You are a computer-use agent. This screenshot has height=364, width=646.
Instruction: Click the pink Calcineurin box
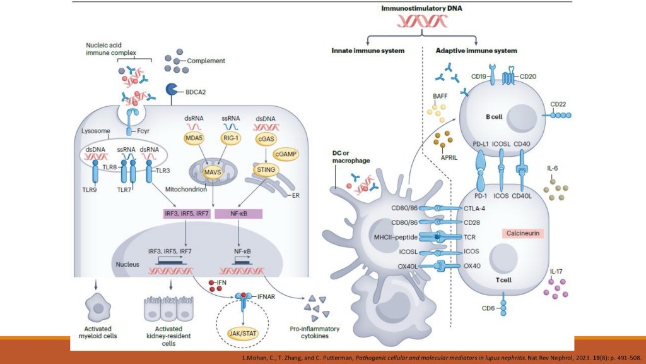click(523, 233)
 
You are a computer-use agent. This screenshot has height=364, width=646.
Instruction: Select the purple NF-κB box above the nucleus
click(239, 215)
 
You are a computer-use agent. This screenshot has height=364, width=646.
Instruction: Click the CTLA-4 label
click(474, 208)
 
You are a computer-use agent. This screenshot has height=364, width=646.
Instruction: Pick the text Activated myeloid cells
click(98, 332)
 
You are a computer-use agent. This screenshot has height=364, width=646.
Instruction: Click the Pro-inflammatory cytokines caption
click(314, 332)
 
